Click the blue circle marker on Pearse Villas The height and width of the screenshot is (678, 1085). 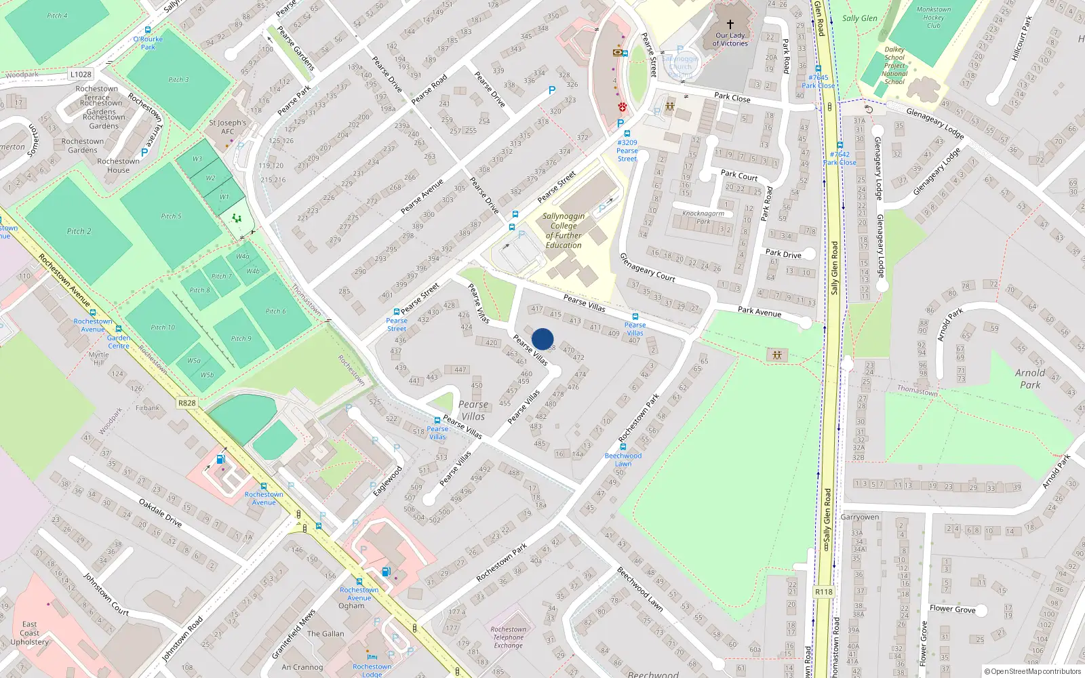coord(542,339)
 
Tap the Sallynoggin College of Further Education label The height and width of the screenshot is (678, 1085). coord(564,231)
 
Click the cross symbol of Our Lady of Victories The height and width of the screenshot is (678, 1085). coord(730,24)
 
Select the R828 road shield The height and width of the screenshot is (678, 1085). coord(186,403)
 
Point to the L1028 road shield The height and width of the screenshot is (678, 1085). coord(80,75)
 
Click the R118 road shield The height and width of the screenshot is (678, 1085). coord(823,592)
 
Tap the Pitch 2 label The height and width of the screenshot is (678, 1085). coord(79,231)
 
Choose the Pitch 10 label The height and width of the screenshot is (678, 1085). coord(163,327)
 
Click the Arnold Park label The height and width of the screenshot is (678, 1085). coord(1029,378)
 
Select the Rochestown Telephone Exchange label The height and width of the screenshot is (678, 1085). coord(508,637)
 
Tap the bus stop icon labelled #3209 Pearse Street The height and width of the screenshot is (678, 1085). coord(627,134)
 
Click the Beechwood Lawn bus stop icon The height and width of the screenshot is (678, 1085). coord(623,447)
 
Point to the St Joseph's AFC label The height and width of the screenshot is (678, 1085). coord(227,127)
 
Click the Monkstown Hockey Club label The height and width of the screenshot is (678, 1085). coord(933,18)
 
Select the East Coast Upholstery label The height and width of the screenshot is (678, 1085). coord(29,633)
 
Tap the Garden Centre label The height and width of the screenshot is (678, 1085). coord(119,341)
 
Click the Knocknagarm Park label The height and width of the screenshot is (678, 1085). coord(703,217)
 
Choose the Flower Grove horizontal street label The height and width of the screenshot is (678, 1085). coord(952,609)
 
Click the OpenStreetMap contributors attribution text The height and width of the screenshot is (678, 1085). coord(1033,671)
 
